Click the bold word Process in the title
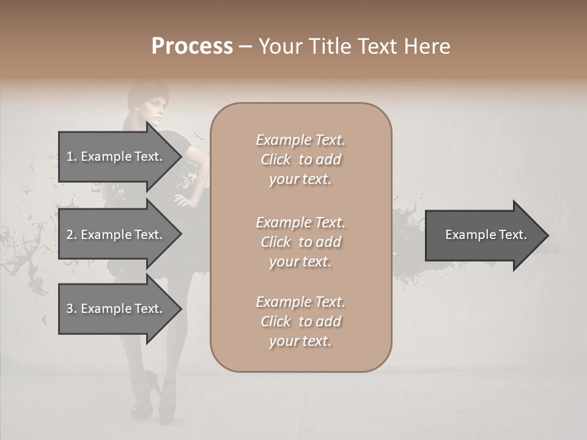tap(192, 46)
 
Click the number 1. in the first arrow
tap(72, 156)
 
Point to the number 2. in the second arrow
tap(72, 235)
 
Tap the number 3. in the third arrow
tap(72, 309)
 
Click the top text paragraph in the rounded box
tap(300, 159)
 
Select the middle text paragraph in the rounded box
tap(300, 242)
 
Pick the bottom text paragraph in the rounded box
tap(300, 321)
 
